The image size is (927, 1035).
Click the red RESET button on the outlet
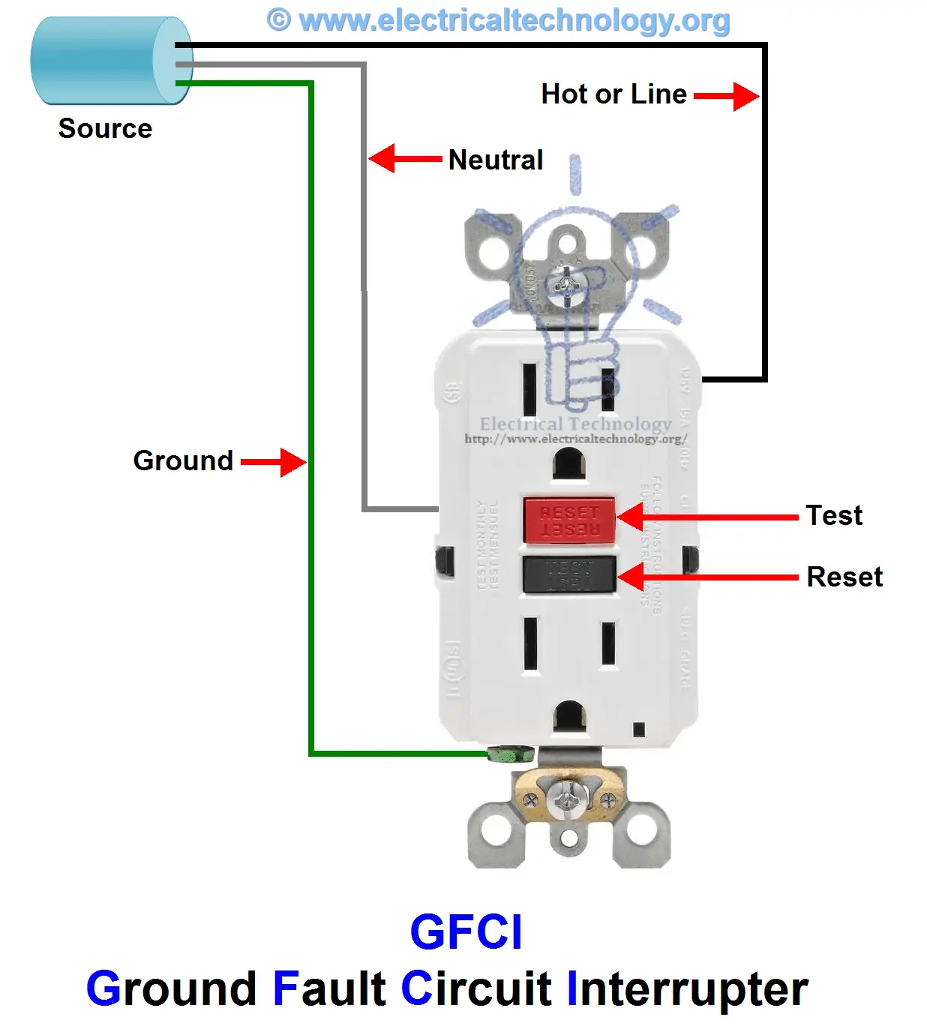569,520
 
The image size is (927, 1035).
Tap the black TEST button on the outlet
569,574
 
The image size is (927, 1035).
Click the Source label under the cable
105,128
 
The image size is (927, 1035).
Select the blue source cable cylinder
111,61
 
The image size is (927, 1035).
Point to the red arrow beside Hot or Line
726,96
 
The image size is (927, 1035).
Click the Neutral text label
495,160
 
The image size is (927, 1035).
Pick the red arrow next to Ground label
273,462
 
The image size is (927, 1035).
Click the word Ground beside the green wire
183,460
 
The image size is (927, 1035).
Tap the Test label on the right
834,515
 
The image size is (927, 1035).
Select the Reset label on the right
844,577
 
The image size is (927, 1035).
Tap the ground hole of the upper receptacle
569,463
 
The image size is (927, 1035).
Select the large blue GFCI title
466,932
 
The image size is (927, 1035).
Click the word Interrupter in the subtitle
687,988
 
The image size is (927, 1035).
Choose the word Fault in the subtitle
328,988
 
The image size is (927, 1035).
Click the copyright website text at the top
499,20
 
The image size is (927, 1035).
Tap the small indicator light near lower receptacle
638,729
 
